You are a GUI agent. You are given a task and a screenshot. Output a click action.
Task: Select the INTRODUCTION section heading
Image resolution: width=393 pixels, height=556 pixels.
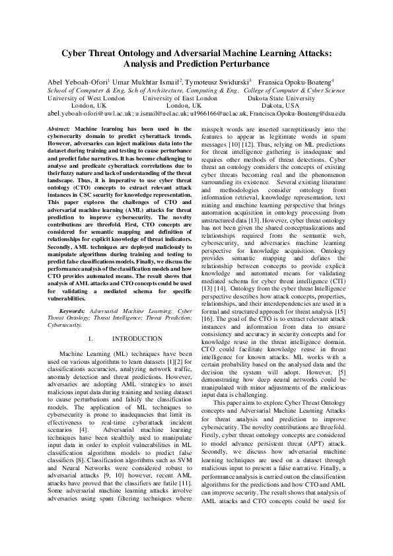click(x=137, y=339)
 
